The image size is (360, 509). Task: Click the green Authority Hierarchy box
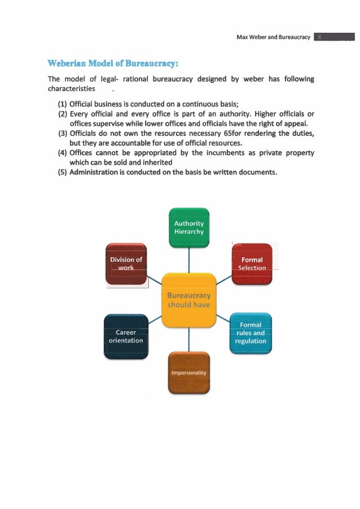[x=189, y=227]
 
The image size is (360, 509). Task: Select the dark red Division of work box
[x=126, y=264]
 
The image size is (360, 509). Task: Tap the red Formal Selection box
[x=252, y=264]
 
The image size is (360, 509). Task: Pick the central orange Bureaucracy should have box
[x=189, y=300]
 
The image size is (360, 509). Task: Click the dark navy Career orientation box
[x=126, y=336]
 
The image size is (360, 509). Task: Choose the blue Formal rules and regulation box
[x=252, y=333]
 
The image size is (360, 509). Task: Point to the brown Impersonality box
[x=189, y=372]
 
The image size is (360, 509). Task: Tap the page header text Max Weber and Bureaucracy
[x=274, y=37]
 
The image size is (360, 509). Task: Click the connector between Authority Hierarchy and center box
[x=189, y=260]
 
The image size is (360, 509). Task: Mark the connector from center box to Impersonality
[x=189, y=339]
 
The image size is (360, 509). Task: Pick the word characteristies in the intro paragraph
[x=71, y=89]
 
